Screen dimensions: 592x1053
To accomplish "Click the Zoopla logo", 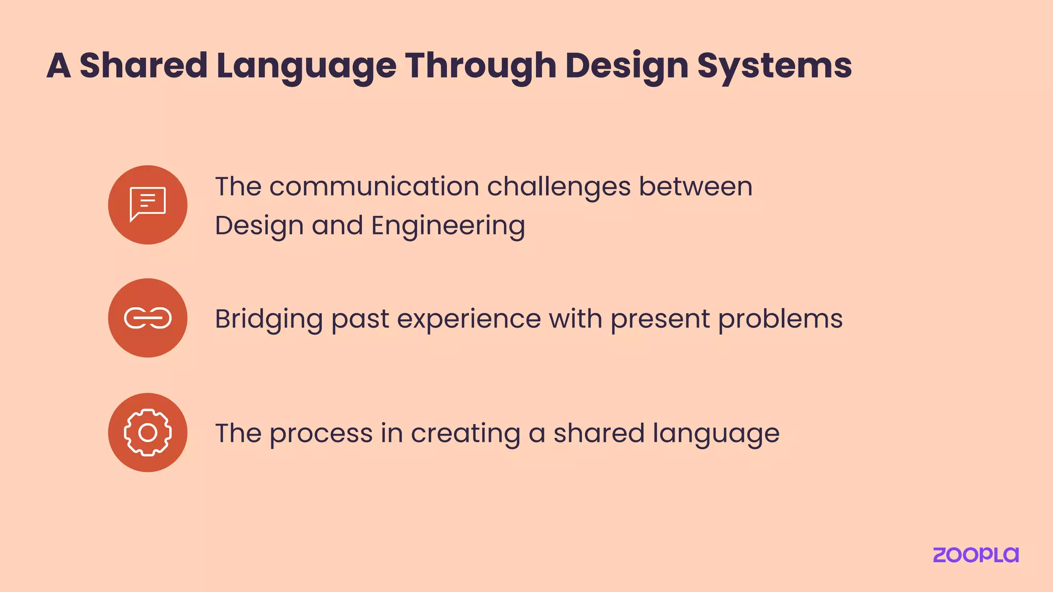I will (x=975, y=555).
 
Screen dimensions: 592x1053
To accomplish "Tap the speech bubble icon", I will (x=148, y=205).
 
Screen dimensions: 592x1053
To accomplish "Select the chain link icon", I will (x=148, y=318).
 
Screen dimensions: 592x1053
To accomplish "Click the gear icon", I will (x=148, y=433).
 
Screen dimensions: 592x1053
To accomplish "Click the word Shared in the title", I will (x=143, y=66).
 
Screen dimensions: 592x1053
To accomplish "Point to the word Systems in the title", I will (x=774, y=66).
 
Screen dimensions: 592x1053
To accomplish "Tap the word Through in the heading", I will (x=481, y=66).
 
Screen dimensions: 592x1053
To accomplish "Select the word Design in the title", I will (x=626, y=66).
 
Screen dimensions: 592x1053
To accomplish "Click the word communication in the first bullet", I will (x=374, y=186).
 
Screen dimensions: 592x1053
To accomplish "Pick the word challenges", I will (x=559, y=186).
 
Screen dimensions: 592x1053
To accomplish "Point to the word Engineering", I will (x=448, y=226).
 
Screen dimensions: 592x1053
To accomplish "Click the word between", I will (x=696, y=186).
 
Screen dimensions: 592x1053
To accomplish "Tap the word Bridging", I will (x=268, y=319).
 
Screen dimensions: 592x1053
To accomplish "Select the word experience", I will (x=469, y=319).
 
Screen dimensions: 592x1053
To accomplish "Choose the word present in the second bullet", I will (x=660, y=319).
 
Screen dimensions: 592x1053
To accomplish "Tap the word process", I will (x=321, y=433).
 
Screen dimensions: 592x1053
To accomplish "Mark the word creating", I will (x=465, y=433).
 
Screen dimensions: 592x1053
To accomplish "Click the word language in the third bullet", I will (x=716, y=433).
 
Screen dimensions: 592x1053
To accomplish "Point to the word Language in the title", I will (x=306, y=66).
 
